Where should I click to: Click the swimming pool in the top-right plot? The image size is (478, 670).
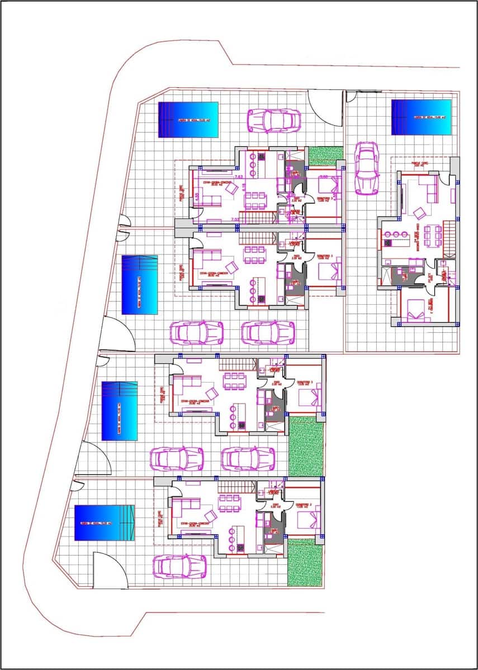coord(421,117)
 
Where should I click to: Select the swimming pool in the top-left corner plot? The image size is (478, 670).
coord(188,119)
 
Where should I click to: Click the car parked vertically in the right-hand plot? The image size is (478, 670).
coord(367,167)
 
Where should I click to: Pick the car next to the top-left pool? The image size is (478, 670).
coord(274,120)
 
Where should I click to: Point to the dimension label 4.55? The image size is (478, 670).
coord(197,197)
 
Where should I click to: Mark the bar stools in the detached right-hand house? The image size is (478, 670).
coord(397,233)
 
